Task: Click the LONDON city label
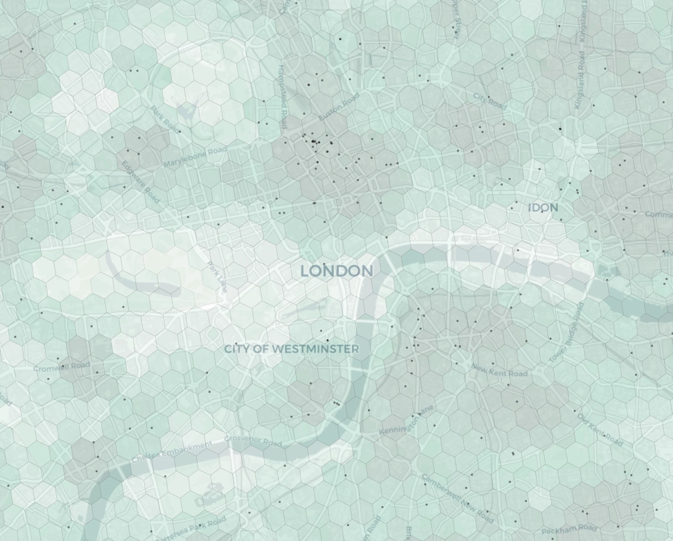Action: [337, 271]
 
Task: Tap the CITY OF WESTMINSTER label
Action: [292, 348]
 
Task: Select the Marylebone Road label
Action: [195, 156]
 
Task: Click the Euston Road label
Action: [339, 107]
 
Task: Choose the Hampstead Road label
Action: [283, 97]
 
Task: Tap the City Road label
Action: [490, 102]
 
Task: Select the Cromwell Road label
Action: [62, 367]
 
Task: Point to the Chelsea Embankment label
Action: [172, 452]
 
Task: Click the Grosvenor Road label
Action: [253, 440]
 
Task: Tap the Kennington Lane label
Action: [406, 420]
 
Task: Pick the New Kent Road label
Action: [499, 370]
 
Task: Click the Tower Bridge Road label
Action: [566, 333]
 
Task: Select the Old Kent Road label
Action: [600, 430]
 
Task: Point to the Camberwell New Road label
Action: [458, 498]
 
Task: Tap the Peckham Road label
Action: [569, 529]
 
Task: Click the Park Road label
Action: [165, 119]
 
